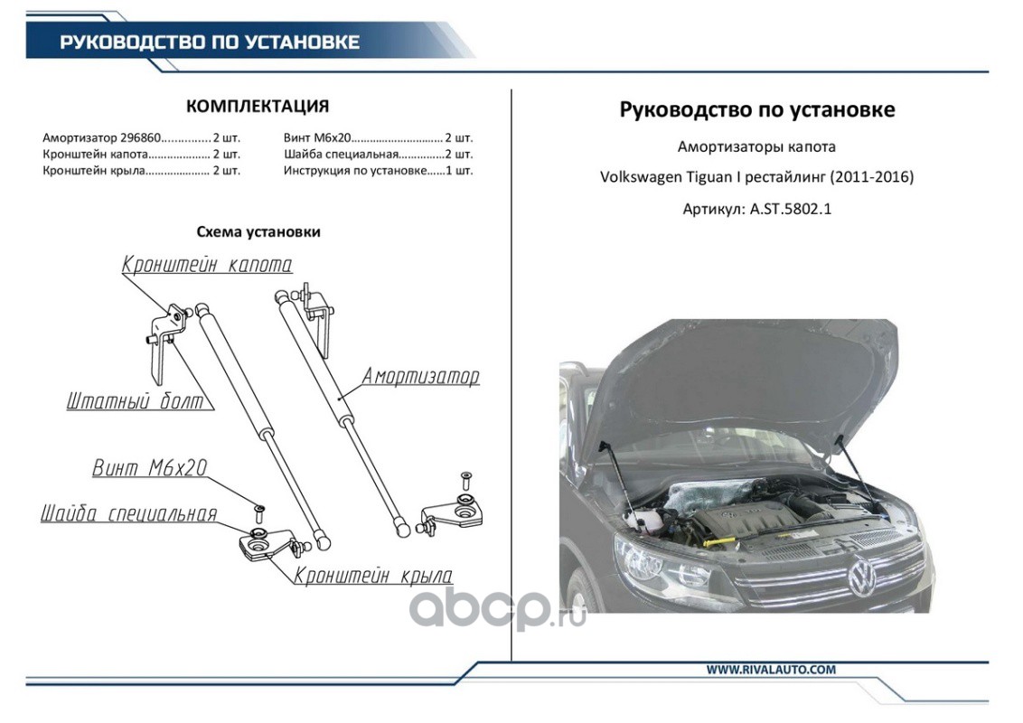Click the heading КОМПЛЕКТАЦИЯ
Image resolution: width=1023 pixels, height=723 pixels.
(258, 107)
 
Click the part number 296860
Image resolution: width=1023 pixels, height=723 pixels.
(142, 138)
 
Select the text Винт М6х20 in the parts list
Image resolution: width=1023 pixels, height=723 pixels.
(315, 138)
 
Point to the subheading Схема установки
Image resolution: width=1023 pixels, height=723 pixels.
(258, 231)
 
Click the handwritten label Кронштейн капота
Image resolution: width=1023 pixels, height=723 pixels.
(207, 264)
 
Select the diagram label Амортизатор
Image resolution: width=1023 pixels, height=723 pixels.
(420, 376)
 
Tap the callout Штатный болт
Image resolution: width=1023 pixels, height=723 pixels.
(135, 401)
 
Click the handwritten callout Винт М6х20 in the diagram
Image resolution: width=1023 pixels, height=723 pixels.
(150, 468)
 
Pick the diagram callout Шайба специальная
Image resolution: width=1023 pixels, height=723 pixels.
(129, 513)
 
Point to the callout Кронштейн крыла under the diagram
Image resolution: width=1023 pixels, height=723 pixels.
(373, 576)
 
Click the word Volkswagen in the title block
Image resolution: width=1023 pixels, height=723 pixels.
(640, 177)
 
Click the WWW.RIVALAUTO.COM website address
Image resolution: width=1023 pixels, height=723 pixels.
(771, 670)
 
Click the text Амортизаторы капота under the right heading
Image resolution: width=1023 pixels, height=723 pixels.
(756, 146)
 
